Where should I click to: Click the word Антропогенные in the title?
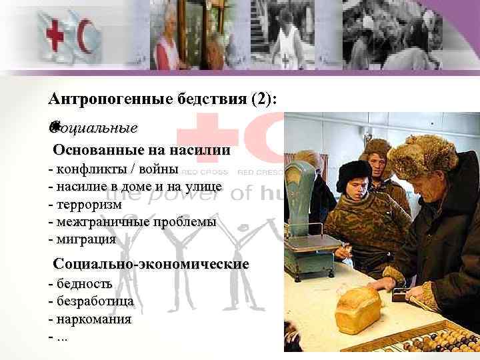coord(97,100)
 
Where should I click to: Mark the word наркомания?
coord(93,319)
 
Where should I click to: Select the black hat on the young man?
coord(353,169)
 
